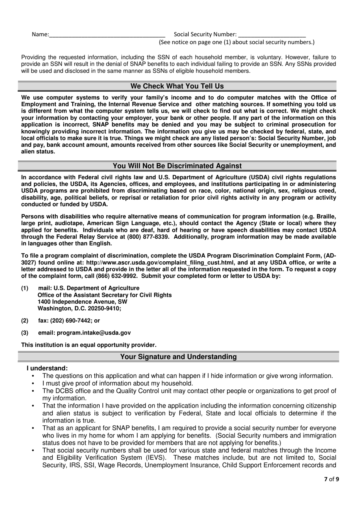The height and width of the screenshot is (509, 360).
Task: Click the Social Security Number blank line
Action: [272, 35]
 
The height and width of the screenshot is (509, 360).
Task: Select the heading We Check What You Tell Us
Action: [177, 86]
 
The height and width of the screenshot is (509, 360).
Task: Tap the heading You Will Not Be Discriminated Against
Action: [177, 166]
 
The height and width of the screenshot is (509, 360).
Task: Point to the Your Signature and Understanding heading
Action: [178, 357]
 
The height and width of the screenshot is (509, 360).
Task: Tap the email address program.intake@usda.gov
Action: [94, 333]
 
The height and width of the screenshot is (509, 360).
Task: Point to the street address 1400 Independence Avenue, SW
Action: [82, 302]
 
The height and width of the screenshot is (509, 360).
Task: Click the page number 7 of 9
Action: [332, 479]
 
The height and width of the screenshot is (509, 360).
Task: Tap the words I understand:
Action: [47, 368]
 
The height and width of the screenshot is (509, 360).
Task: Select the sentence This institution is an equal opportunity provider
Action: [89, 345]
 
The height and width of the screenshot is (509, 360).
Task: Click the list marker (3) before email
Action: [25, 333]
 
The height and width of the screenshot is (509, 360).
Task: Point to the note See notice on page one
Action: [236, 42]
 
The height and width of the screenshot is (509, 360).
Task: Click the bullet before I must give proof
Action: [34, 384]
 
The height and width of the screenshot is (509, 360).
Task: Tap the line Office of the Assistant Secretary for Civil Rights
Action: [105, 295]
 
